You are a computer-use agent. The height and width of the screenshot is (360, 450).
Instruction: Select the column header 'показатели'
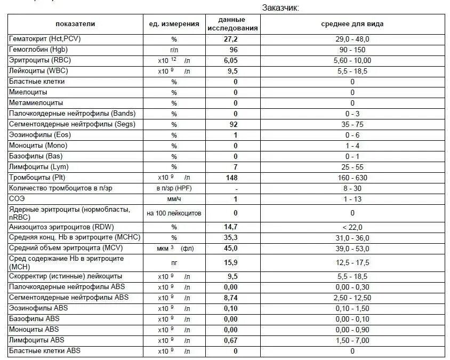[75, 24]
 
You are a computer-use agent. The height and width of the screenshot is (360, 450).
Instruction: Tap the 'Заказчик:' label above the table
[280, 7]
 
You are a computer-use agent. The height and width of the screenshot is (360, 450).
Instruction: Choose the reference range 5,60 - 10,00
[352, 60]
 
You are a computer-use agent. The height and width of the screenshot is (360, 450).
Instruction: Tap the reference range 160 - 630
[352, 178]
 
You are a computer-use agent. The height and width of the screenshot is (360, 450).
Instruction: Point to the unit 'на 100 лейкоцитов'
[174, 213]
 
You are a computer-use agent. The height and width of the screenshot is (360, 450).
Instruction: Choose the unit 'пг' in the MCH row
[174, 262]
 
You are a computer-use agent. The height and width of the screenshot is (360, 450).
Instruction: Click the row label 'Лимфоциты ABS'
[36, 340]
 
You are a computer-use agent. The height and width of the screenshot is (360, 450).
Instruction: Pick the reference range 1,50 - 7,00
[352, 340]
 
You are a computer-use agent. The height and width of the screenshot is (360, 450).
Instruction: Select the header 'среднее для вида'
[352, 24]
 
